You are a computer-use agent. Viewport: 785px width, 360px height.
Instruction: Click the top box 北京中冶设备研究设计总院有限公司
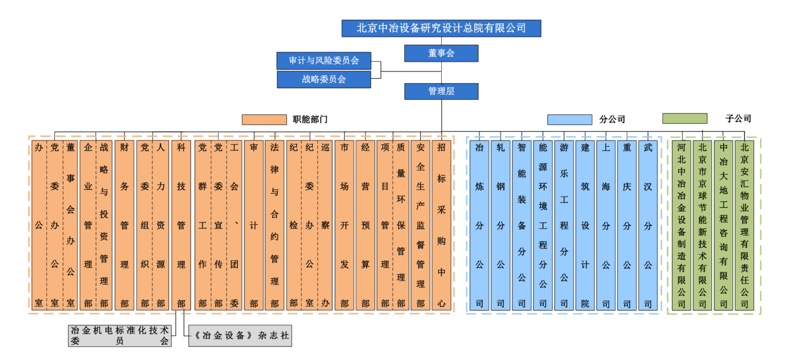tap(441, 28)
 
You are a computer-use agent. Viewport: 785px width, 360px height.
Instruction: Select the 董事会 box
tap(441, 53)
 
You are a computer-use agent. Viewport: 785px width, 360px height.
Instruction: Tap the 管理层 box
tap(441, 91)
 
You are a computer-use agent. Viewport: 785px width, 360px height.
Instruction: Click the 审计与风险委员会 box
tap(324, 61)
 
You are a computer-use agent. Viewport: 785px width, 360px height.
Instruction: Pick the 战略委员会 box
tap(324, 79)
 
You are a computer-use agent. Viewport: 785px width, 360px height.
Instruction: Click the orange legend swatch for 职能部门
tap(264, 120)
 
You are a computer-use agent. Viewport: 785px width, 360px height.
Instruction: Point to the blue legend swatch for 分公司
tap(569, 120)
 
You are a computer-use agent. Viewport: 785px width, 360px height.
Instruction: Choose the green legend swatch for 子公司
tap(684, 119)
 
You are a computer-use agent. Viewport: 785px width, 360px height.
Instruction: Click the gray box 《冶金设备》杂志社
tap(240, 336)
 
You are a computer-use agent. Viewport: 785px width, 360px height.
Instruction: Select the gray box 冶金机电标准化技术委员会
tap(120, 336)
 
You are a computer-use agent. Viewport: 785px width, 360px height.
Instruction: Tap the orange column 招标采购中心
tap(441, 226)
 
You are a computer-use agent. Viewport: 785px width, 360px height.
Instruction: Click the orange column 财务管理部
tap(125, 226)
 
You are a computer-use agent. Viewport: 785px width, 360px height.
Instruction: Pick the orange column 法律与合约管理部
tap(275, 226)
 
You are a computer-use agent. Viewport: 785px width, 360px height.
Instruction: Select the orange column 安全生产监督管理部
tap(421, 226)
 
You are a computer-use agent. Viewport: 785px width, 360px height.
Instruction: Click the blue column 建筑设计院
tap(585, 226)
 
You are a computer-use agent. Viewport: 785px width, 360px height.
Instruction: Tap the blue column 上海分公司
tap(606, 226)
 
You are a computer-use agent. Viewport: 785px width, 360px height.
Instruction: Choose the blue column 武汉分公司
tap(648, 226)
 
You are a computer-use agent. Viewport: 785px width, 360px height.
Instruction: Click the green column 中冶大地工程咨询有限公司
tap(723, 226)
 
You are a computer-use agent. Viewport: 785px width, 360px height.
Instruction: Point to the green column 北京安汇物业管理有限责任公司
tap(744, 226)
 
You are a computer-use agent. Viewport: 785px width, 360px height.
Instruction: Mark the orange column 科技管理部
tap(181, 226)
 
